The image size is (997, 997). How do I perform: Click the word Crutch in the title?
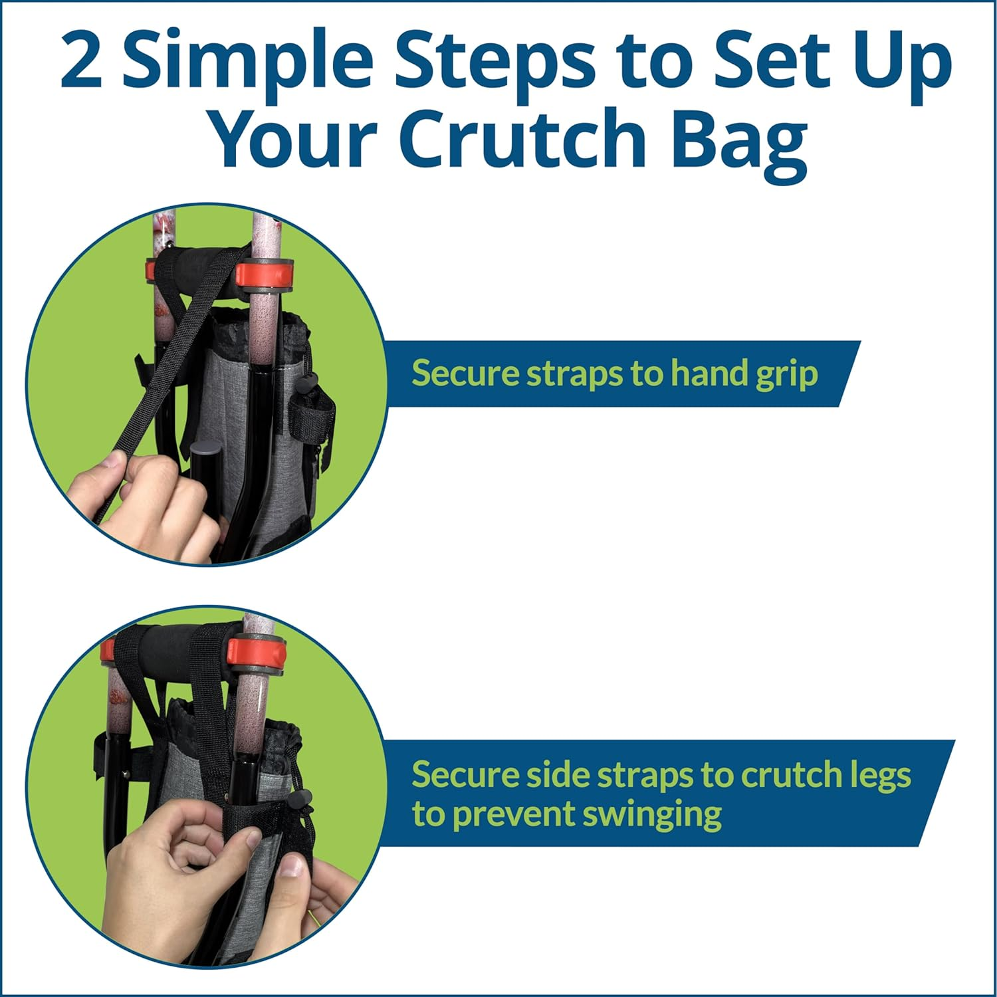pyautogui.click(x=522, y=138)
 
